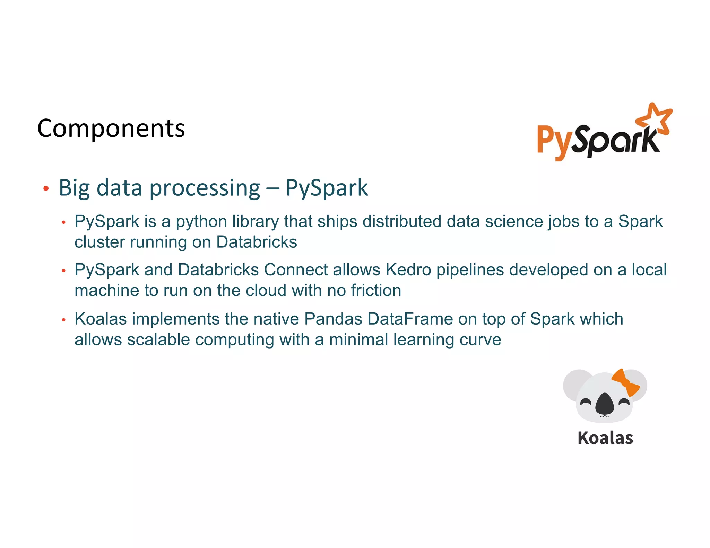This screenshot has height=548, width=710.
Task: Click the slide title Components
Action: point(111,129)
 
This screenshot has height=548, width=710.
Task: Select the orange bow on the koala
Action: point(626,382)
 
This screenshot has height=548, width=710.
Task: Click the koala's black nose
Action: point(605,404)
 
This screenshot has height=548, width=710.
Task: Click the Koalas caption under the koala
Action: point(605,438)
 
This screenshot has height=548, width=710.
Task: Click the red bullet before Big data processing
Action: point(46,189)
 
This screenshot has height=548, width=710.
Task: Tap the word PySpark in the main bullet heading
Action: point(327,188)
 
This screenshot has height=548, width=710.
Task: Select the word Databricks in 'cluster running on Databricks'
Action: point(257,242)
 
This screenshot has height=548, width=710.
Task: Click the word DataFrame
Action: point(410,319)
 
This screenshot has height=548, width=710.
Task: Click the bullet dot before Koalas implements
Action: point(63,320)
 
